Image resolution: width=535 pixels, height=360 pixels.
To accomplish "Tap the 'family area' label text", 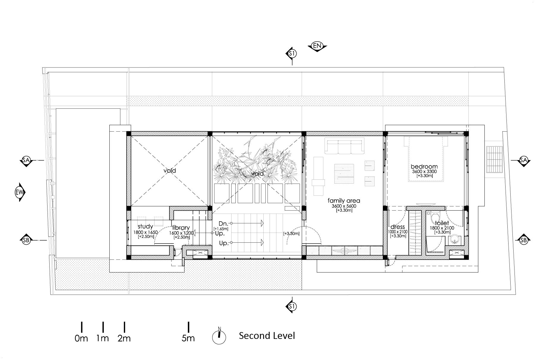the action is pyautogui.click(x=344, y=201).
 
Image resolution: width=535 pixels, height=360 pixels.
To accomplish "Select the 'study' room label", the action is pyautogui.click(x=145, y=227).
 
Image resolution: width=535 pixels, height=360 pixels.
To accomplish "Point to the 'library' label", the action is pyautogui.click(x=181, y=228).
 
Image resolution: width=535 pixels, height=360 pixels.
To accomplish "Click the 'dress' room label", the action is pyautogui.click(x=398, y=227).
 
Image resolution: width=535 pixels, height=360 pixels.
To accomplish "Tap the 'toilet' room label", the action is pyautogui.click(x=442, y=223).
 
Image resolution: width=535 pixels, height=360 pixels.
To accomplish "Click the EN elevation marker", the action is pyautogui.click(x=317, y=46).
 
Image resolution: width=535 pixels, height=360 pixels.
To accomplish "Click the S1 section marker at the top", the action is pyautogui.click(x=292, y=53).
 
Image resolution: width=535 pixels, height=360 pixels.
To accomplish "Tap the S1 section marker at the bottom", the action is pyautogui.click(x=292, y=306).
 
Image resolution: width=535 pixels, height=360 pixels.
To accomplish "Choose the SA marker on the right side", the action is pyautogui.click(x=523, y=160).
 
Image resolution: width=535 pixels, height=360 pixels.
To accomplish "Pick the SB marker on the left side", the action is pyautogui.click(x=26, y=240).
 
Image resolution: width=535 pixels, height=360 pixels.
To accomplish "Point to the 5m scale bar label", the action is pyautogui.click(x=188, y=338).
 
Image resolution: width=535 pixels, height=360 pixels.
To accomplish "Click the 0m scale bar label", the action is pyautogui.click(x=81, y=338).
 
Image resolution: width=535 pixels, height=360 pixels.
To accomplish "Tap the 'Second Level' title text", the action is pyautogui.click(x=267, y=336).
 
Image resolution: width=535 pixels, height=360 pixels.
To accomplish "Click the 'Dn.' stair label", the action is pyautogui.click(x=223, y=223).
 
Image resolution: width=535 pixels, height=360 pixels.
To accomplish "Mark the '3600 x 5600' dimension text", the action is pyautogui.click(x=344, y=206).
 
